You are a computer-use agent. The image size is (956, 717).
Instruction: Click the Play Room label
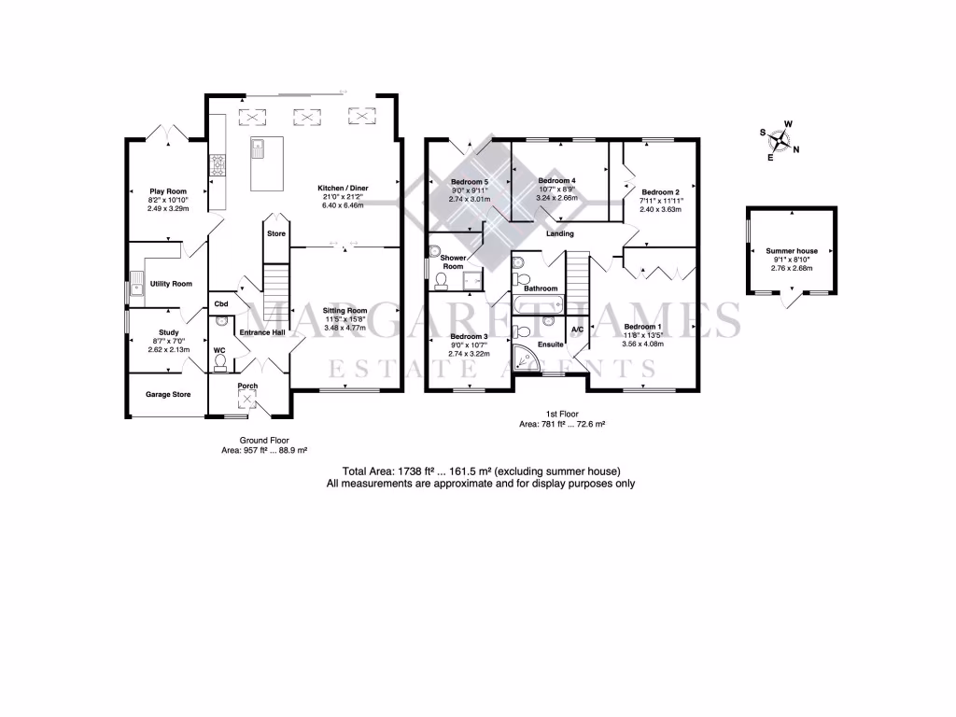tap(168, 191)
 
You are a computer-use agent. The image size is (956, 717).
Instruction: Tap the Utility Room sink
tap(136, 284)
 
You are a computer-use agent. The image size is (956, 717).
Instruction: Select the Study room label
tap(168, 331)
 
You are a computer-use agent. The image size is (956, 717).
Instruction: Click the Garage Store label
tap(168, 394)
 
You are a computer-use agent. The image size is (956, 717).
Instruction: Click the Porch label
tap(247, 386)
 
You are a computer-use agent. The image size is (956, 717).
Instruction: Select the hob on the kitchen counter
tap(218, 164)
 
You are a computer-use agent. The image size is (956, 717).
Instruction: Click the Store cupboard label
tap(276, 233)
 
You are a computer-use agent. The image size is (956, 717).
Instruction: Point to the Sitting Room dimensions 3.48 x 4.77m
tap(344, 328)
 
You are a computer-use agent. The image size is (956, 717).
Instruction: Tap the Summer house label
tap(792, 251)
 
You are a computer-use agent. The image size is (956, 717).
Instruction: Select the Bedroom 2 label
tap(660, 192)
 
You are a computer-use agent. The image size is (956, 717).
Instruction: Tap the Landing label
tap(560, 233)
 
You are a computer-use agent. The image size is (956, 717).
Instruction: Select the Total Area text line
tap(482, 471)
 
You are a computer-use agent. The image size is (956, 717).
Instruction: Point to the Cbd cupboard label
tap(222, 304)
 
